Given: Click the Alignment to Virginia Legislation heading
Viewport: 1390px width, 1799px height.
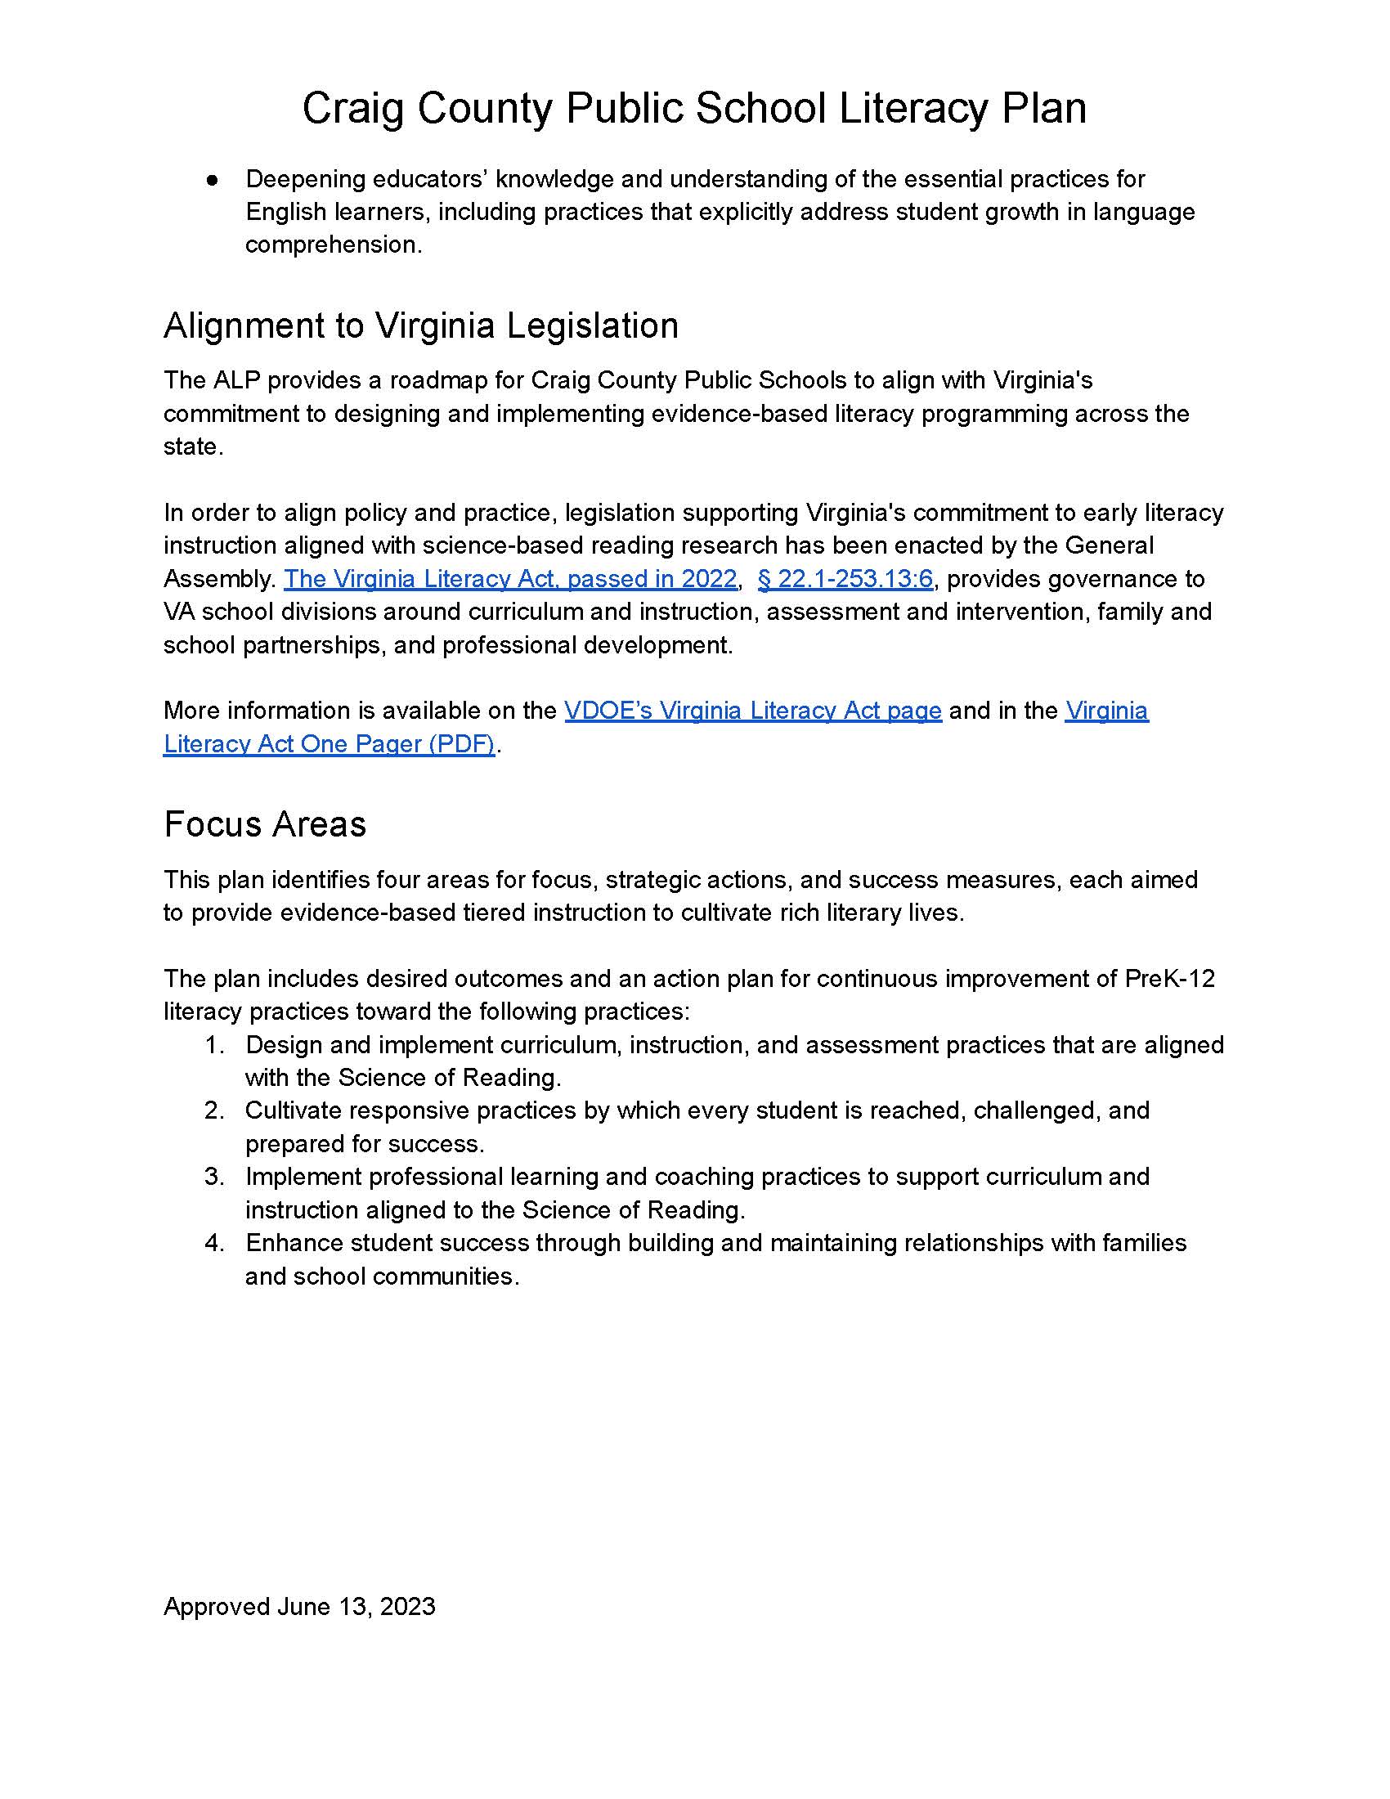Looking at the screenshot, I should click(421, 325).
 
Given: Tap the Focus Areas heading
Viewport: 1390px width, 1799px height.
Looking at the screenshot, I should click(264, 823).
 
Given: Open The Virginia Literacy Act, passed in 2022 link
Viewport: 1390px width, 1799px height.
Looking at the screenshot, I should click(509, 579).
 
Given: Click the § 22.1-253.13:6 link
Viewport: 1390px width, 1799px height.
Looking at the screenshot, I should click(844, 579).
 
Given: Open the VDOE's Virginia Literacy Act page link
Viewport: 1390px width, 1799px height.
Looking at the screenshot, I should click(752, 710).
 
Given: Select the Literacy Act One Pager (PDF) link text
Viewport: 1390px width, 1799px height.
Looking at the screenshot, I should click(329, 744).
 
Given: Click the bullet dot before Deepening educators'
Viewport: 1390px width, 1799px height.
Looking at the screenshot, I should click(213, 180).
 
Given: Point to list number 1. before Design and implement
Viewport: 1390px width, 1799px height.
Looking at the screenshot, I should click(215, 1045).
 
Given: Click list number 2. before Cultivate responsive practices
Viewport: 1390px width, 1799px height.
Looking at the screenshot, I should click(215, 1110).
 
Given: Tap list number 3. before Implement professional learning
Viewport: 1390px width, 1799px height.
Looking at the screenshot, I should click(215, 1176).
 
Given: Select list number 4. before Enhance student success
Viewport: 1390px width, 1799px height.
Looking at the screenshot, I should click(215, 1242).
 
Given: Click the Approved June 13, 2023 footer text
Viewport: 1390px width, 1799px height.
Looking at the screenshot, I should click(299, 1606).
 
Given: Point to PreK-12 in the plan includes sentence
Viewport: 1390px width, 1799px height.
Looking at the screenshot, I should click(1169, 979).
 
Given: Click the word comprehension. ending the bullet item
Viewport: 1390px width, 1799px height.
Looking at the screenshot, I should click(334, 245).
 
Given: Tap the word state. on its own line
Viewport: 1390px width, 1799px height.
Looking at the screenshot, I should click(194, 446).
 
